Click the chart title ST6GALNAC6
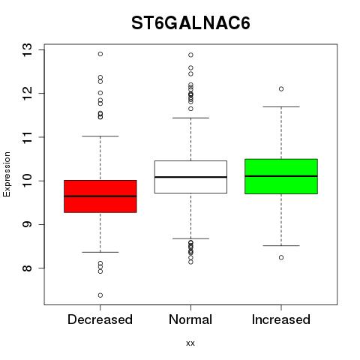click(190, 23)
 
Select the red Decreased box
click(100, 196)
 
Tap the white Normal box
click(190, 177)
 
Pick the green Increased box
click(281, 176)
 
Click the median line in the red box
click(100, 196)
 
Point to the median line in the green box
click(281, 176)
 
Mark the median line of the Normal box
click(190, 177)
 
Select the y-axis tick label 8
click(27, 268)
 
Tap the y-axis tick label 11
click(27, 137)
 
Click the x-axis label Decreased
click(100, 319)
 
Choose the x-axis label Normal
click(190, 319)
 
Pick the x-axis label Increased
click(281, 319)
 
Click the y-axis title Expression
click(7, 174)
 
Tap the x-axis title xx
click(190, 343)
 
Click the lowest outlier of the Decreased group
click(100, 295)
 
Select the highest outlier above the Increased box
click(281, 89)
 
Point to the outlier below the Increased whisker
click(281, 257)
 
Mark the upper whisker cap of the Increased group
click(281, 106)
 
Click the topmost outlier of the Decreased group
click(100, 54)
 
